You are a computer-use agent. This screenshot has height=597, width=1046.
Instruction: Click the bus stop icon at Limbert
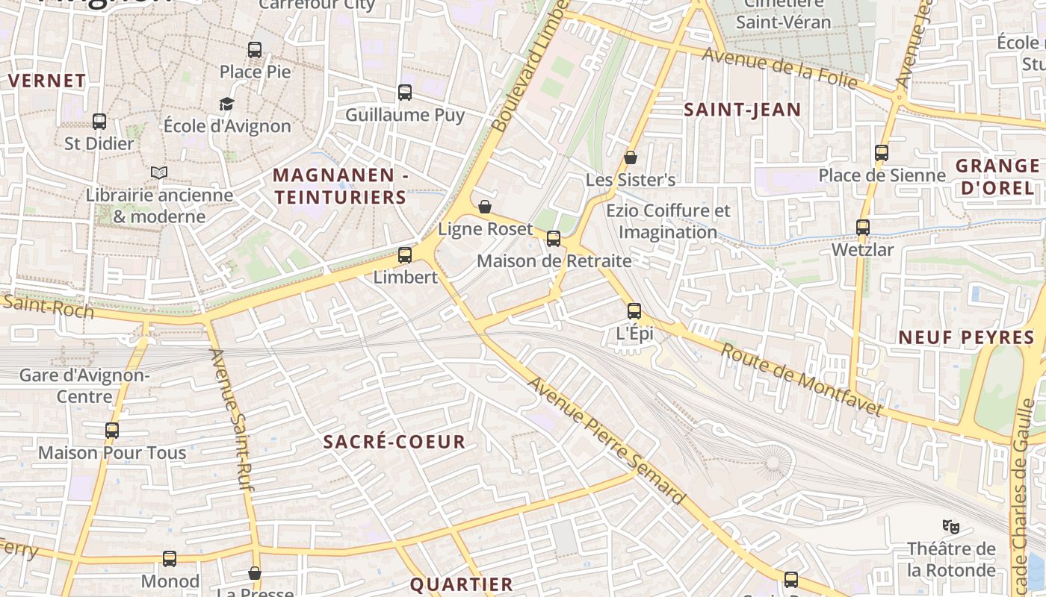tap(405, 255)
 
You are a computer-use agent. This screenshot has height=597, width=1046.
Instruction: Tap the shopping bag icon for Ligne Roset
tap(485, 207)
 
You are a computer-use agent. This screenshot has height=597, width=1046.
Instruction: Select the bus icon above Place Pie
tap(255, 50)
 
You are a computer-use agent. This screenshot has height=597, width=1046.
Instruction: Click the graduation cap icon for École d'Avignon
tap(227, 104)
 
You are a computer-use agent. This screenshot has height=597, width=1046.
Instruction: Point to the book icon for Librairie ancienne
tap(159, 173)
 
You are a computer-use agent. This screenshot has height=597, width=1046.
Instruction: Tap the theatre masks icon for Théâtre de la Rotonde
tap(951, 526)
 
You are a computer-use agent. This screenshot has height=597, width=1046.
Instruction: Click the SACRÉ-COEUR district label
tap(394, 442)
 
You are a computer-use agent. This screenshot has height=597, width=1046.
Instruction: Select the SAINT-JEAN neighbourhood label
tap(743, 110)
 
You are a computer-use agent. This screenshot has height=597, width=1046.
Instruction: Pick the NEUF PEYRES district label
tap(966, 337)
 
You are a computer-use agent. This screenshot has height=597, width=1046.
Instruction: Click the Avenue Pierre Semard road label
tap(606, 440)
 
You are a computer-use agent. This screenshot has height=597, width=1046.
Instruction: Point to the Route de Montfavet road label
tap(801, 380)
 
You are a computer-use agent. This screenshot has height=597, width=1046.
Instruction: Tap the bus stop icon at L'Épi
tap(634, 311)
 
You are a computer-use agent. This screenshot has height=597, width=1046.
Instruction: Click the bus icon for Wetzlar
tap(863, 228)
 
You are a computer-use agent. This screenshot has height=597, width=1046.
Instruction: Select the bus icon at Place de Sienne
tap(882, 153)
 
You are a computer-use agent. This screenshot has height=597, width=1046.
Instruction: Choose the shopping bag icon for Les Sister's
tap(631, 157)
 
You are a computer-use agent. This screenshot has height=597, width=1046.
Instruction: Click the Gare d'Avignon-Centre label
tap(84, 385)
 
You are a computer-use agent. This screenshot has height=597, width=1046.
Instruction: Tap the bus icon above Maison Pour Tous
tap(112, 431)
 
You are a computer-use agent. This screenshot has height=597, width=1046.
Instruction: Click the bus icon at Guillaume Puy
tap(405, 93)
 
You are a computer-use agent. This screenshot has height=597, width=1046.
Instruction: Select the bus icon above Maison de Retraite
tap(554, 239)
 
